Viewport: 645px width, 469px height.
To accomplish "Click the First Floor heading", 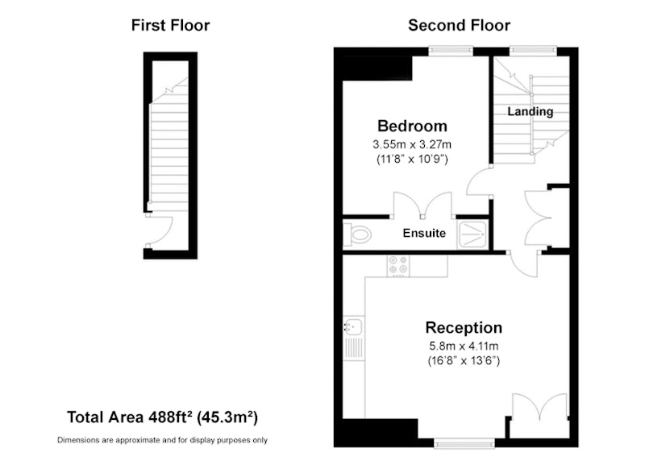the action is pyautogui.click(x=170, y=26).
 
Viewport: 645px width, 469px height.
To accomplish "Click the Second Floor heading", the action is pyautogui.click(x=459, y=26).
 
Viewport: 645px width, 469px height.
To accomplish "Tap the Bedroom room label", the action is pyautogui.click(x=412, y=126).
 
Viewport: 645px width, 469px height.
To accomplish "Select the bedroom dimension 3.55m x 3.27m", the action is pyautogui.click(x=412, y=145).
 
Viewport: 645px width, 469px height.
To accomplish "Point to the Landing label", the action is pyautogui.click(x=531, y=111).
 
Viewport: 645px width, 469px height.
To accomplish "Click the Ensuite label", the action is pyautogui.click(x=424, y=233).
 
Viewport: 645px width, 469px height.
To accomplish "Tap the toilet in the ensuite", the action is pyautogui.click(x=357, y=234).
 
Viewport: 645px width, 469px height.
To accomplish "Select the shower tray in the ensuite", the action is pyautogui.click(x=472, y=234).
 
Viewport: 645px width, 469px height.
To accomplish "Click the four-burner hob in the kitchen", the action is pyautogui.click(x=398, y=265).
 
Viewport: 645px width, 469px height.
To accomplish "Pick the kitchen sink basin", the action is pyautogui.click(x=353, y=327).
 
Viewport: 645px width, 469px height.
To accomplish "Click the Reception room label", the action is pyautogui.click(x=464, y=328).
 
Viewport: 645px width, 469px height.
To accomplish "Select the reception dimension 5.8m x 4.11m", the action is pyautogui.click(x=464, y=347).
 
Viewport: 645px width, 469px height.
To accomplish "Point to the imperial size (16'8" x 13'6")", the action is pyautogui.click(x=464, y=361).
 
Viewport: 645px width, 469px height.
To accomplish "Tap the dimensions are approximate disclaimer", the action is pyautogui.click(x=162, y=440).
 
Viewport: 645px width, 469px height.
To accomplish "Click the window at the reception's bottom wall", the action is pyautogui.click(x=464, y=442).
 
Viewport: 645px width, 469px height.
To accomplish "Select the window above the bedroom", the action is pyautogui.click(x=451, y=51).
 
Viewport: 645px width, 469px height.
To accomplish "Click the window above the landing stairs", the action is pyautogui.click(x=533, y=51).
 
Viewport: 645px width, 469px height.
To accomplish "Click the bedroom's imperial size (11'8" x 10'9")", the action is pyautogui.click(x=412, y=159).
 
